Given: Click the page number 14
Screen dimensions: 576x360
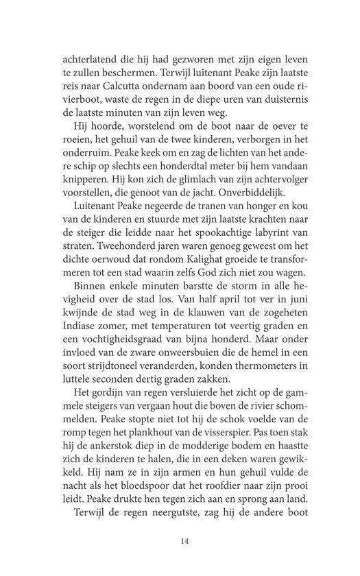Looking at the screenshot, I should pos(184,540).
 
